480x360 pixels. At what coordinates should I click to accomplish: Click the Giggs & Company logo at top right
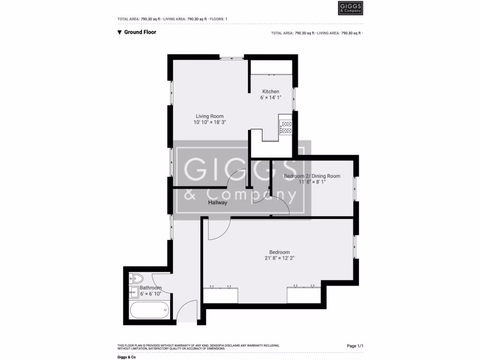coord(350,8)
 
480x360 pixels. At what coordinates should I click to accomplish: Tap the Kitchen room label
coord(270,91)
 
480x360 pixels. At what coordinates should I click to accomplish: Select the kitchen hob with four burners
coord(285,127)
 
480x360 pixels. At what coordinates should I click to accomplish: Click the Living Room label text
coord(210,116)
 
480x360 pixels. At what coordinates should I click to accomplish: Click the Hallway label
coord(218,202)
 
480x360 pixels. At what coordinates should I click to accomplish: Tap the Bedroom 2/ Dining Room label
coord(312,176)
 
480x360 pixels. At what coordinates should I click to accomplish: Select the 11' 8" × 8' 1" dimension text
coord(312,182)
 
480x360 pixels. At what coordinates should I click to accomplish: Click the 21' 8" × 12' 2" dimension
coord(279,258)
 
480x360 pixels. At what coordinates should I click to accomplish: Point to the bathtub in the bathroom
coord(150,310)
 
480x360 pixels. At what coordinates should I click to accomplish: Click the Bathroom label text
coord(150,288)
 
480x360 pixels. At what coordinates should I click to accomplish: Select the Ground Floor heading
coord(140,32)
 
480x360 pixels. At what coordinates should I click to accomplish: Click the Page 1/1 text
coord(355,346)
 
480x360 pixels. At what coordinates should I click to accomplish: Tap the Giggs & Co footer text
coord(126,357)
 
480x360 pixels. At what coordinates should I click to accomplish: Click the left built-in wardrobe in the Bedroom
coord(220,295)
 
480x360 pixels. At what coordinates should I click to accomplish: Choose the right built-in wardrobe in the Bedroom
coord(304,295)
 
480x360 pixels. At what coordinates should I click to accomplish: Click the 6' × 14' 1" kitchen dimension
coord(270,97)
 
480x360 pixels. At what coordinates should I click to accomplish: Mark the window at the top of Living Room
coord(231,58)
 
